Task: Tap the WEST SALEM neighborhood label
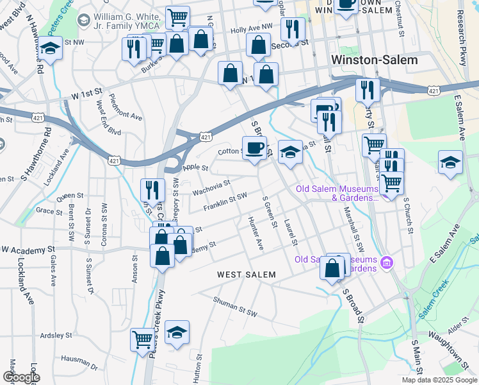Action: [x=247, y=275]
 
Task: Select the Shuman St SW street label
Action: [x=234, y=301]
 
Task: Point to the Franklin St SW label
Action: [x=225, y=201]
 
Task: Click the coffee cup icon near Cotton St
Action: [x=254, y=149]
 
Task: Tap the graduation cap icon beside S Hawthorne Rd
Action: [x=49, y=49]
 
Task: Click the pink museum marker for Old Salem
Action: [x=386, y=263]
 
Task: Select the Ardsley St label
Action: [x=56, y=335]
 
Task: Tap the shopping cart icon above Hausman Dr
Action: [x=142, y=339]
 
